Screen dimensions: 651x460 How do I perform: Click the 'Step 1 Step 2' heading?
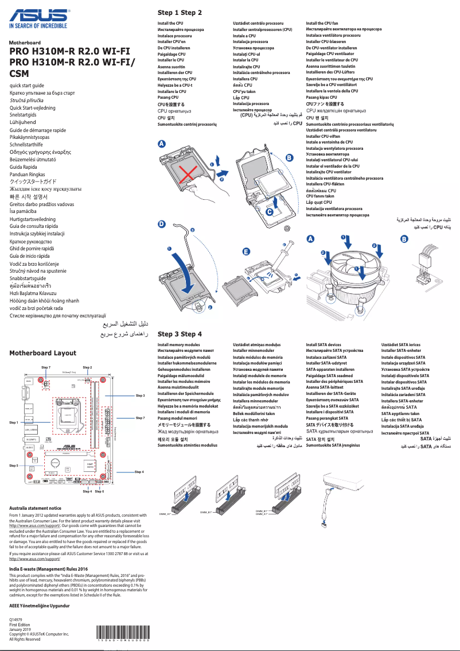(x=180, y=12)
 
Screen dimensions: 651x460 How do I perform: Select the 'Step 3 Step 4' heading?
(x=180, y=334)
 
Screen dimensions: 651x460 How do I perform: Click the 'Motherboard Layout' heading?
(x=42, y=353)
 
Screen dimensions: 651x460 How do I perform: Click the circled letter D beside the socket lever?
(x=162, y=224)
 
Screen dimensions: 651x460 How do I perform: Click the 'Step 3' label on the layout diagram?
(x=140, y=396)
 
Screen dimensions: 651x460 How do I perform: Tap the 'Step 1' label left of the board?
(x=14, y=423)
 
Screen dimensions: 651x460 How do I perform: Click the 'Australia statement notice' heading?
(x=35, y=508)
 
